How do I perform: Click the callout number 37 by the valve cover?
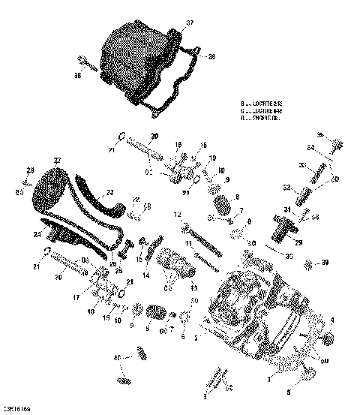pyautogui.click(x=189, y=23)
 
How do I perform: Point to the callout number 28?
pyautogui.click(x=31, y=170)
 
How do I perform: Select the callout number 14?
pyautogui.click(x=147, y=275)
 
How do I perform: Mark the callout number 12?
pyautogui.click(x=178, y=215)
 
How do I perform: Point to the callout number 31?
pyautogui.click(x=286, y=209)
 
